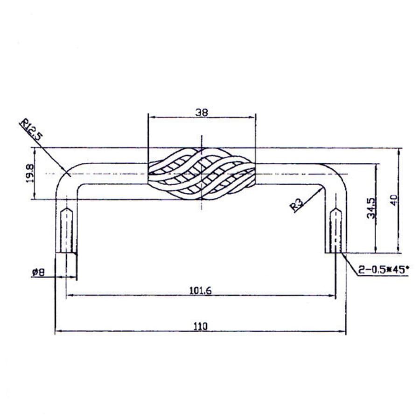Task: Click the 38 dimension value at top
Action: pos(202,112)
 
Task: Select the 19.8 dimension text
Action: pos(30,173)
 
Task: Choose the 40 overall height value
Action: pos(395,201)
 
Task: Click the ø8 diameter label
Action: pos(38,272)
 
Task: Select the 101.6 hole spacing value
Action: pos(201,290)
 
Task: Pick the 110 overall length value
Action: pos(201,326)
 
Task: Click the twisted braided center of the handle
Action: pos(202,174)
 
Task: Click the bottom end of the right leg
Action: pos(336,252)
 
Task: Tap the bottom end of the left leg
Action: pos(66,252)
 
